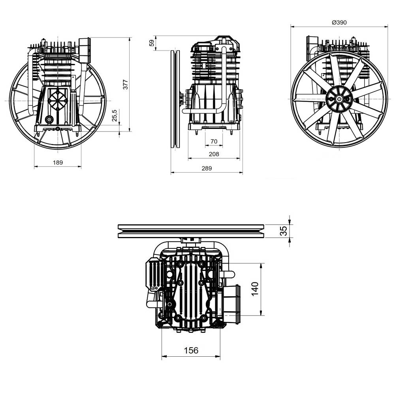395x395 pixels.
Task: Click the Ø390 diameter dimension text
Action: pos(339,23)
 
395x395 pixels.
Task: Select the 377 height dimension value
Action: pos(126,85)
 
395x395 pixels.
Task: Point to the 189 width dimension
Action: pos(58,162)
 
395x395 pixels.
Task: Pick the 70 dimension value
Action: pos(214,141)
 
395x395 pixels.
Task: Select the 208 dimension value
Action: pos(214,154)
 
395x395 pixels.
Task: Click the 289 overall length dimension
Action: pos(207,168)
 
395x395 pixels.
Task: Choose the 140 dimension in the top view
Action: pos(255,290)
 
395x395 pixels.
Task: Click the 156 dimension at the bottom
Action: pos(191,350)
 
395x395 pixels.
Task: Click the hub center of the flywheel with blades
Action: pos(339,99)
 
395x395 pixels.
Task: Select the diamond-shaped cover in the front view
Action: pos(58,99)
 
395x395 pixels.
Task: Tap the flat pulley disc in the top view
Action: pos(191,231)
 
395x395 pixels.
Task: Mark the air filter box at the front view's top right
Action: pos(85,50)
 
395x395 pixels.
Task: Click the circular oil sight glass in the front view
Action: pos(49,119)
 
